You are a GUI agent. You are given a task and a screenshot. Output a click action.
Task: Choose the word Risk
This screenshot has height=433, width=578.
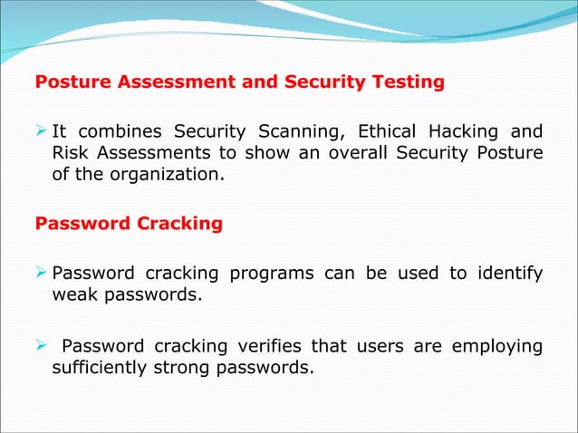coord(70,152)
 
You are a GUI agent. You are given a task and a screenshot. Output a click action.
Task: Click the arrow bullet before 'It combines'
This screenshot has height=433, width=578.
coord(41,130)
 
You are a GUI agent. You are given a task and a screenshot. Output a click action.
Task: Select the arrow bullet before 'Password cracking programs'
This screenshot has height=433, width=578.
coord(41,272)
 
